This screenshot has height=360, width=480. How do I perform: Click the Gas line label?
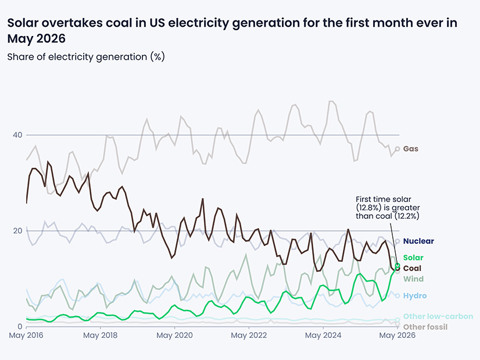click(x=410, y=149)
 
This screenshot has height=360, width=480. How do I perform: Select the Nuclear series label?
click(x=418, y=241)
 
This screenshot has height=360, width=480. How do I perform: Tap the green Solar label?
click(x=413, y=258)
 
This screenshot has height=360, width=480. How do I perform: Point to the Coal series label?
click(x=412, y=268)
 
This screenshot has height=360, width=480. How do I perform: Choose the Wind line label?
click(x=413, y=279)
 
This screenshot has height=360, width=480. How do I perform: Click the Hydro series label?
click(x=415, y=296)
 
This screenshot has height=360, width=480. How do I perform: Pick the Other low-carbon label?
click(x=438, y=316)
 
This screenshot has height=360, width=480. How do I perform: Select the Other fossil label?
click(x=425, y=327)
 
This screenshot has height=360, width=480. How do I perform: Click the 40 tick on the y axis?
click(x=17, y=135)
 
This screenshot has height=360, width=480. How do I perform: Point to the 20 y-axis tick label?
click(x=17, y=231)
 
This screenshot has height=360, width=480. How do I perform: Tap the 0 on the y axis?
click(x=20, y=327)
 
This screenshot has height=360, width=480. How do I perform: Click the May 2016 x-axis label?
click(x=26, y=336)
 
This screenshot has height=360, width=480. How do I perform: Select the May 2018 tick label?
click(x=100, y=336)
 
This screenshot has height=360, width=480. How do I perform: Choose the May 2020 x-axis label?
click(x=174, y=336)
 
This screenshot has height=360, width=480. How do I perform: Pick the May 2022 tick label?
click(x=249, y=336)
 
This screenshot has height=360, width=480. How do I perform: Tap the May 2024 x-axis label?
click(x=323, y=336)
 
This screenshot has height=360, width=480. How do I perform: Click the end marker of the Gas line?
click(x=397, y=149)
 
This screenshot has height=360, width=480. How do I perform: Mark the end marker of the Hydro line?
click(x=397, y=296)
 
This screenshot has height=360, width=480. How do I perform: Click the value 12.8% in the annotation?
click(x=368, y=208)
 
